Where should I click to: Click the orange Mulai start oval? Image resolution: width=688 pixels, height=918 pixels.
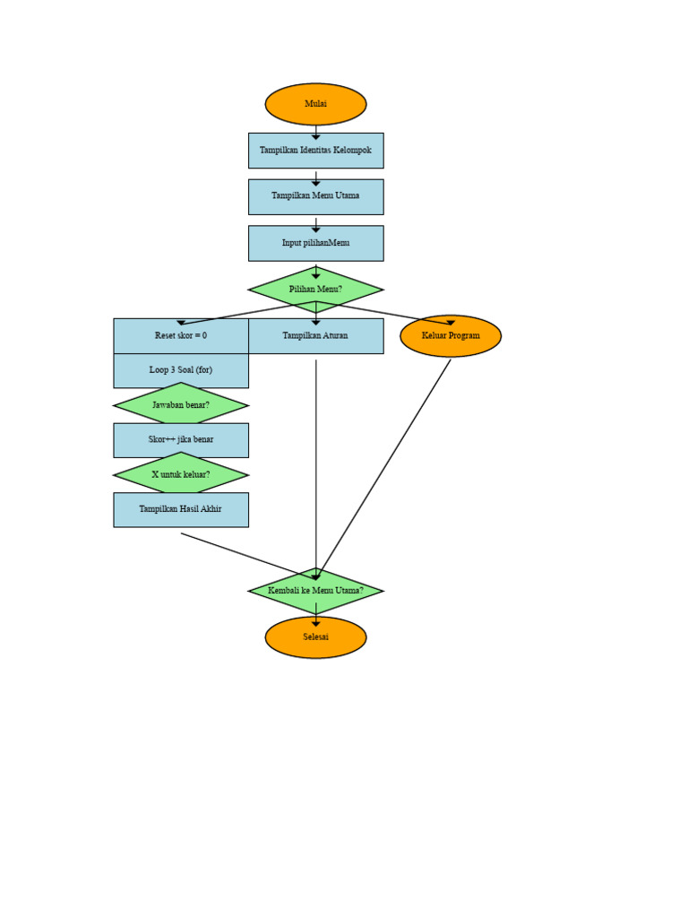[x=315, y=104]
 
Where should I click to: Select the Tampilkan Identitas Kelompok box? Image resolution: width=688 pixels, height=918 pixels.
[x=315, y=151]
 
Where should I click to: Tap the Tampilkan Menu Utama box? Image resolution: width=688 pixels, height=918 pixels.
[x=315, y=196]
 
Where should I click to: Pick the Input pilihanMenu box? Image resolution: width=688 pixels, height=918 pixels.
[x=315, y=243]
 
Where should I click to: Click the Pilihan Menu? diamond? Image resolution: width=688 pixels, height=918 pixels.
[x=315, y=290]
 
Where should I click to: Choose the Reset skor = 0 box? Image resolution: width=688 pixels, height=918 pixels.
[x=181, y=336]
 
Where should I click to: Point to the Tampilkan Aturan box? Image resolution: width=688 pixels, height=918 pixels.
[x=315, y=336]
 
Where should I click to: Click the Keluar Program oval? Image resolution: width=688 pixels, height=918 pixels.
[x=451, y=336]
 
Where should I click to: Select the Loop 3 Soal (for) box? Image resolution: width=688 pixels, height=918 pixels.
[x=181, y=370]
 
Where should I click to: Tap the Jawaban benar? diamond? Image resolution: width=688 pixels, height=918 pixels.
[x=181, y=405]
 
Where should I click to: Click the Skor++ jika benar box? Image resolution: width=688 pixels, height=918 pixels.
[x=181, y=440]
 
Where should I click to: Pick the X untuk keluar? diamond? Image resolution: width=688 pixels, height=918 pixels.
[x=181, y=474]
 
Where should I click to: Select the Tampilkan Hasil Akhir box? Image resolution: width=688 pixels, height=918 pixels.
[x=181, y=509]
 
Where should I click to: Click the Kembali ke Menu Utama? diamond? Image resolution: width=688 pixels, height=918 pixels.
[x=315, y=591]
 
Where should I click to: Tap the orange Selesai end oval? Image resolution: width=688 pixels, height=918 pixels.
[x=315, y=637]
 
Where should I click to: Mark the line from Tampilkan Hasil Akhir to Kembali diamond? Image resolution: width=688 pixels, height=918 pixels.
[x=246, y=556]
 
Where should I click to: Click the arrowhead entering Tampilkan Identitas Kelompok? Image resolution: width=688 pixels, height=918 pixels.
[x=315, y=136]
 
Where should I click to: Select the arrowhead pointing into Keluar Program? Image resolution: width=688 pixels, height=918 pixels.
[x=451, y=322]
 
